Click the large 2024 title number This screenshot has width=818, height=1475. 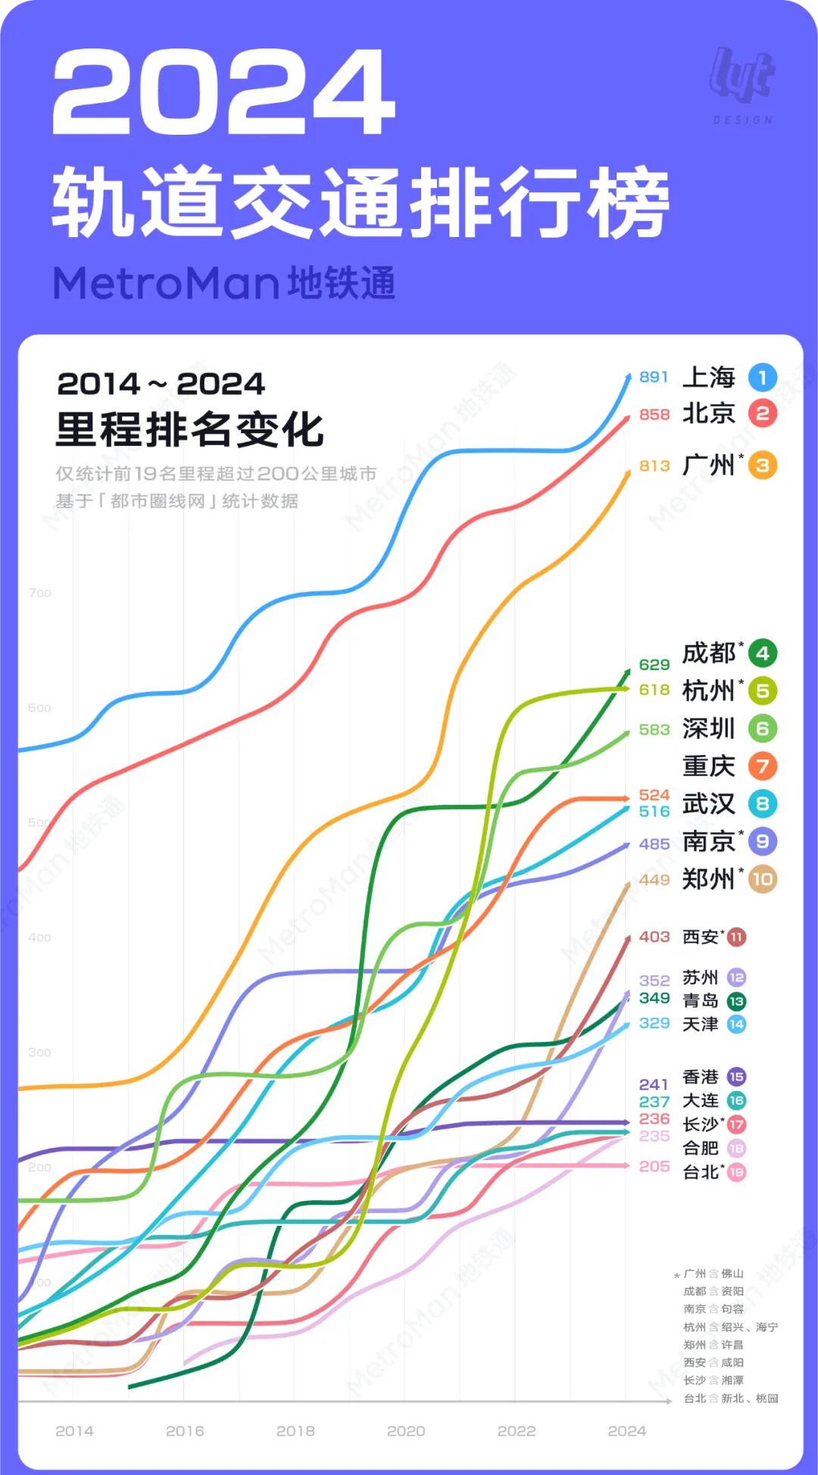click(x=224, y=92)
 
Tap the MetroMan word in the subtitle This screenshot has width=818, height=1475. click(x=167, y=284)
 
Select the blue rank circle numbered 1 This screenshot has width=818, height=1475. click(x=762, y=377)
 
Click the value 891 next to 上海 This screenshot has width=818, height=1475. click(x=654, y=377)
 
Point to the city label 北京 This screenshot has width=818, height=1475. click(x=709, y=413)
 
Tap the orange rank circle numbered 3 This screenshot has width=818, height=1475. click(x=762, y=466)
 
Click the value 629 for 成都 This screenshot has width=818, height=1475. click(x=654, y=665)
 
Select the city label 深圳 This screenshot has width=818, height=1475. click(x=709, y=728)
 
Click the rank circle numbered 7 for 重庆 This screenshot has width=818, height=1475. click(x=762, y=766)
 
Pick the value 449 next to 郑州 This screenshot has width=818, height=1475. click(x=654, y=880)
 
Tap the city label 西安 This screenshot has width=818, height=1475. click(x=701, y=937)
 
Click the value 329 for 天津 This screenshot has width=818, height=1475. click(x=654, y=1023)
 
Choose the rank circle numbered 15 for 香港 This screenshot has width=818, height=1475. click(x=736, y=1077)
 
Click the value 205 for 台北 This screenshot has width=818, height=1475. click(x=654, y=1167)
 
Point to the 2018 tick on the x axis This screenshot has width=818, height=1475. click(x=295, y=1431)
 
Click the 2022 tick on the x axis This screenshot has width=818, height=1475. click(x=517, y=1431)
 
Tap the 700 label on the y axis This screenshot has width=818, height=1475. click(x=39, y=593)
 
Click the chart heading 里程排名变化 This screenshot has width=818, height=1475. click(x=189, y=430)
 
